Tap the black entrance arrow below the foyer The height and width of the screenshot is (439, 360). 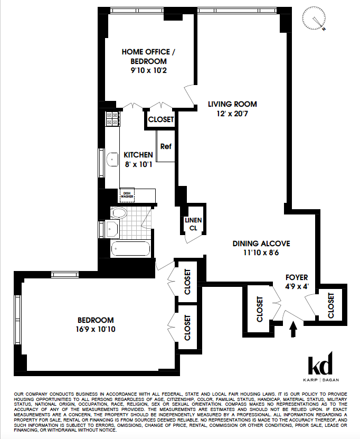coord(293,330)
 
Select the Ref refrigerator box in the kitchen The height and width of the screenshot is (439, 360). coord(165,147)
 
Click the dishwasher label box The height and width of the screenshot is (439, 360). coord(127,195)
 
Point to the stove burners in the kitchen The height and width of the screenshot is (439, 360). coord(112,119)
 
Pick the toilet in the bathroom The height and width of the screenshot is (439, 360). coord(119,213)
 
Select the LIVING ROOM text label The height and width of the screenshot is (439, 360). coord(232,104)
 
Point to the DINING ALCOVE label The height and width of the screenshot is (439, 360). coord(262,244)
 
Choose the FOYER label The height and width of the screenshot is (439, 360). coord(297,277)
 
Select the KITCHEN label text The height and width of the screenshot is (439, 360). coord(138,155)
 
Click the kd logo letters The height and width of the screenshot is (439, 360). coord(320,365)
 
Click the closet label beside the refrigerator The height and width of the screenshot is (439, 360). coord(160,120)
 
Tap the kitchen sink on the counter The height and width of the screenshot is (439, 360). coord(112,158)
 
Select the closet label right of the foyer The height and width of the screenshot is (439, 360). coord(331,305)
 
